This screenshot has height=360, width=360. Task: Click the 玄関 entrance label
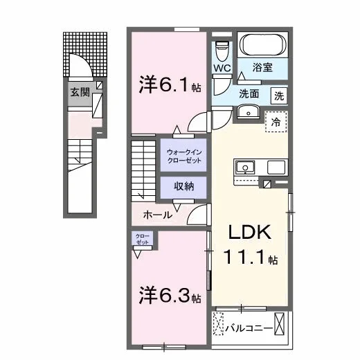click(x=80, y=93)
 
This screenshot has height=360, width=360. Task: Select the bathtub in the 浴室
click(x=262, y=45)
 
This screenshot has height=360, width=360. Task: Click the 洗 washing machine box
click(x=279, y=96)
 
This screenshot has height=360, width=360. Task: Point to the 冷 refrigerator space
click(x=276, y=122)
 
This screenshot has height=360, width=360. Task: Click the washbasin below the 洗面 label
click(x=249, y=111)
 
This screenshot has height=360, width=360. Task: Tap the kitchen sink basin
click(x=245, y=168)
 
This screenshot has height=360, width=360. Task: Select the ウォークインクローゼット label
click(x=184, y=156)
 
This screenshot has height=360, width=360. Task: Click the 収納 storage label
click(x=184, y=186)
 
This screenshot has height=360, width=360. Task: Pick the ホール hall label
click(x=158, y=215)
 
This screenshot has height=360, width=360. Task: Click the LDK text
click(x=250, y=232)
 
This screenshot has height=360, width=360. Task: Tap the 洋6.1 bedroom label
click(x=170, y=85)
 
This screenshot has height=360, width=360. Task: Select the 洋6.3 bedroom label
click(x=170, y=295)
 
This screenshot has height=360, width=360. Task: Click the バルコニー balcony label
click(x=249, y=327)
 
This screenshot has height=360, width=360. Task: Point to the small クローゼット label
click(x=143, y=239)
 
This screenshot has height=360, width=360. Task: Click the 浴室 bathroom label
click(x=262, y=67)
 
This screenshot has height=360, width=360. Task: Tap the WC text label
click(x=222, y=68)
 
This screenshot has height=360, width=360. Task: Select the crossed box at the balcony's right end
click(x=279, y=323)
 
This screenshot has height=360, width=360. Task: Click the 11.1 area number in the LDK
click(x=244, y=258)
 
